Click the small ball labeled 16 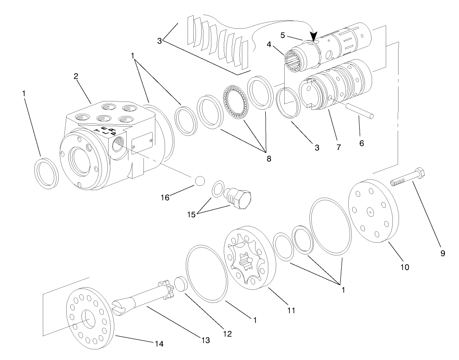(199, 181)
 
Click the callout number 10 (405, 267)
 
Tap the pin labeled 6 (360, 111)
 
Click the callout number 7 (339, 146)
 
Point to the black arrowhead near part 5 (314, 38)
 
